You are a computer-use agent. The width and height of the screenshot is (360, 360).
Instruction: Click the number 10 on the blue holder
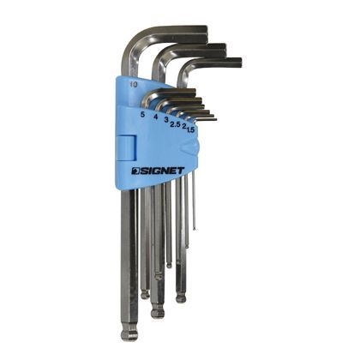coord(132,84)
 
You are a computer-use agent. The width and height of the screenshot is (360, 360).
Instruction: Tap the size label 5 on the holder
coord(142,115)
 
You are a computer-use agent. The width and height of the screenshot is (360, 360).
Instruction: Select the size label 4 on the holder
coord(156,117)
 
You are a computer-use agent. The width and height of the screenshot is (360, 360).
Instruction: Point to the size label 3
coord(166,120)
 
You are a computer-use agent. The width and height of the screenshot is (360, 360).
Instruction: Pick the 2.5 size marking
coord(175,124)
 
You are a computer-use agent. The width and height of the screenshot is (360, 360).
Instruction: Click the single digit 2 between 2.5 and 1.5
coord(184,127)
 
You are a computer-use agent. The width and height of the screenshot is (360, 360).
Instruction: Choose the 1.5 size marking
coord(190,129)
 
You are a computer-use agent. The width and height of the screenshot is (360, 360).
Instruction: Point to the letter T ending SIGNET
coord(181,171)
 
